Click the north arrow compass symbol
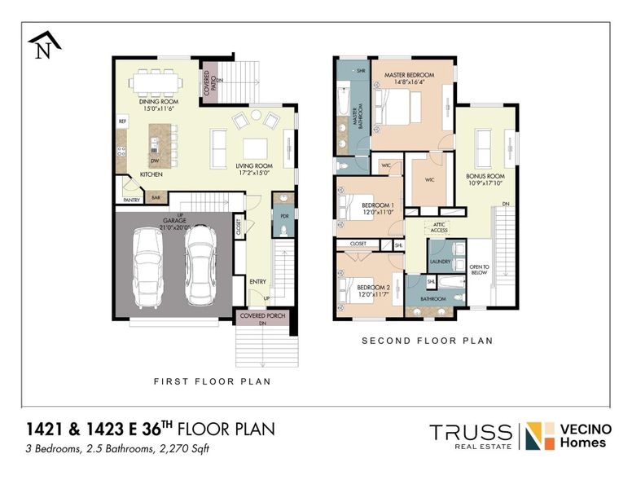coord(43,44)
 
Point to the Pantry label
coord(131,199)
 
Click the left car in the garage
coord(150,264)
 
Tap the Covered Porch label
coord(261,315)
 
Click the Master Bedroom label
coord(409,77)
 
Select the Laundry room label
coord(440,261)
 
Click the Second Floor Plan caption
coord(427,341)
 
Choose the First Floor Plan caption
coord(213,381)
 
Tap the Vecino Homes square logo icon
coord(533,436)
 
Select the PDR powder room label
coord(284,216)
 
